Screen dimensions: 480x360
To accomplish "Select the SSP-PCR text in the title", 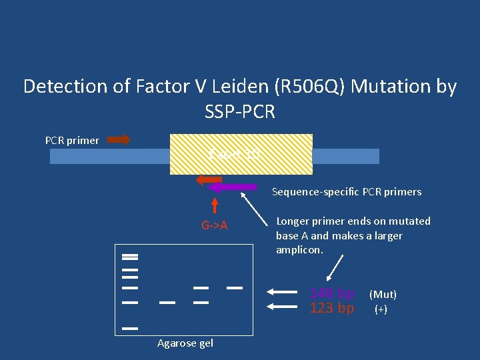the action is tap(240, 111).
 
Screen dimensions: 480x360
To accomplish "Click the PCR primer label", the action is tap(72, 141).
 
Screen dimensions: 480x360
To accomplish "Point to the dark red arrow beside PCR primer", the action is tap(119, 140).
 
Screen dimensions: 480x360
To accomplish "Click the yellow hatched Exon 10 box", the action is tap(241, 154).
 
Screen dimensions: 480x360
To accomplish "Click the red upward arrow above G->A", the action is tap(215, 205).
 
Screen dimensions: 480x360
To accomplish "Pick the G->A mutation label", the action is tap(215, 225).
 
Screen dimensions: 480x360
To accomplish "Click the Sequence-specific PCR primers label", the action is tap(347, 192).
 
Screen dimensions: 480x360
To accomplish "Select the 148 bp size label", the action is tap(332, 294).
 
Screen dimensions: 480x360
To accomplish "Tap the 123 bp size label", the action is tap(332, 309).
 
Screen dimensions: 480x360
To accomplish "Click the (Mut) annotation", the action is tap(383, 294).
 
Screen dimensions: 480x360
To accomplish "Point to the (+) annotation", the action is tap(381, 309).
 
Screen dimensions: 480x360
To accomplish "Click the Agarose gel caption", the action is tap(185, 343).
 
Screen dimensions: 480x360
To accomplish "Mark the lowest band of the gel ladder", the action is tap(130, 328).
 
